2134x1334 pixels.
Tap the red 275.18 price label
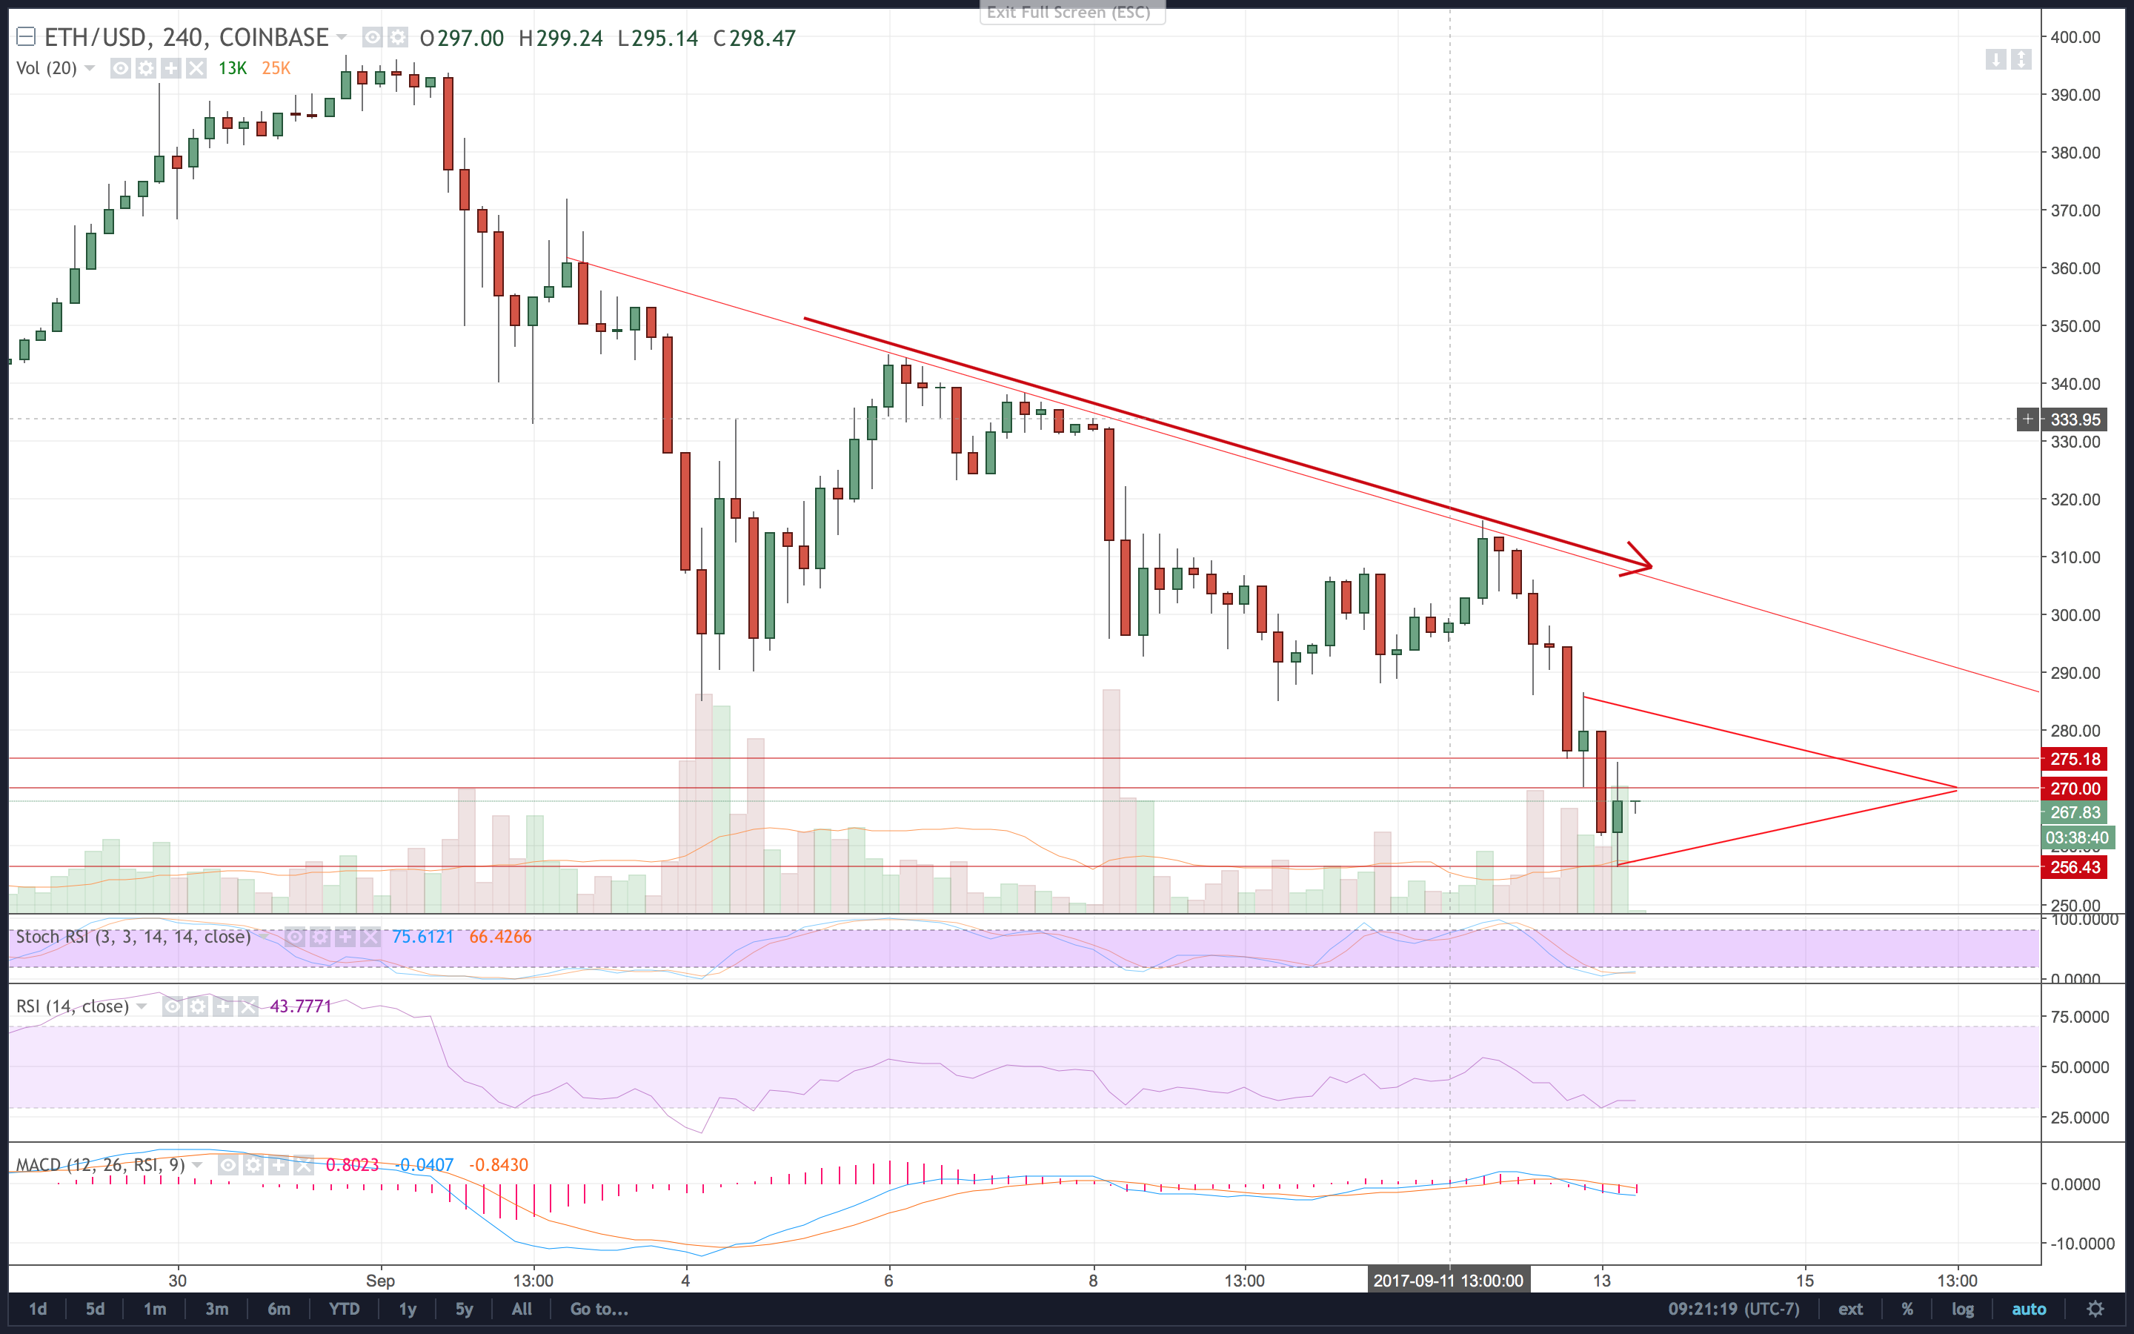click(2074, 759)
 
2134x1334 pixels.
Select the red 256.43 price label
click(2074, 867)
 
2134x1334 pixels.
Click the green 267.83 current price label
click(2074, 812)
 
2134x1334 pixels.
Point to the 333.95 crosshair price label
click(2074, 419)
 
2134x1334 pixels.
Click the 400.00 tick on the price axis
click(2075, 37)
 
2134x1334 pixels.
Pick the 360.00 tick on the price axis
click(2075, 268)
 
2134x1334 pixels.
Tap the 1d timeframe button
click(38, 1308)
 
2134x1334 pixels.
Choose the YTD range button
click(344, 1308)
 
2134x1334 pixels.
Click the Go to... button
click(599, 1308)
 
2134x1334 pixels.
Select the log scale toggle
click(1962, 1308)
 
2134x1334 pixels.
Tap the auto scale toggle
click(2028, 1308)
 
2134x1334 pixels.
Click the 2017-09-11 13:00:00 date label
click(1448, 1280)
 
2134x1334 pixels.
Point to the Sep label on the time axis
click(380, 1280)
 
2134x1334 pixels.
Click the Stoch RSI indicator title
click(133, 936)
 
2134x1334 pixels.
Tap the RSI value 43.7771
click(301, 1006)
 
